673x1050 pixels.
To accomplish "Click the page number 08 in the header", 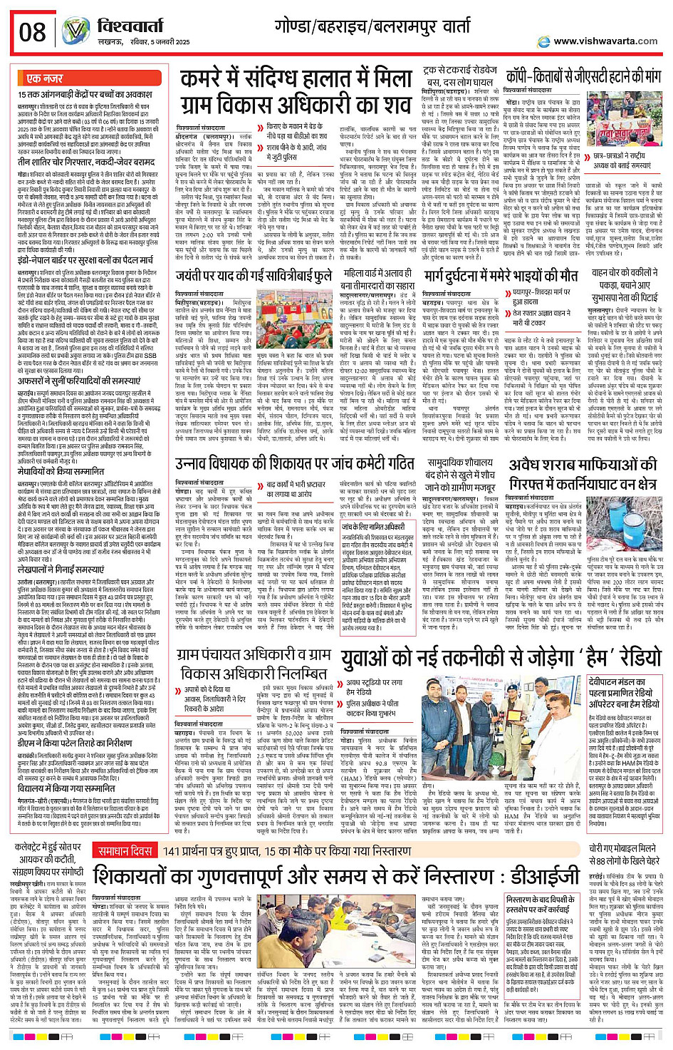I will [x=32, y=31].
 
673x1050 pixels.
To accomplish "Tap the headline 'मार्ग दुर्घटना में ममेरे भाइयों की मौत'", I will [x=501, y=275].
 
